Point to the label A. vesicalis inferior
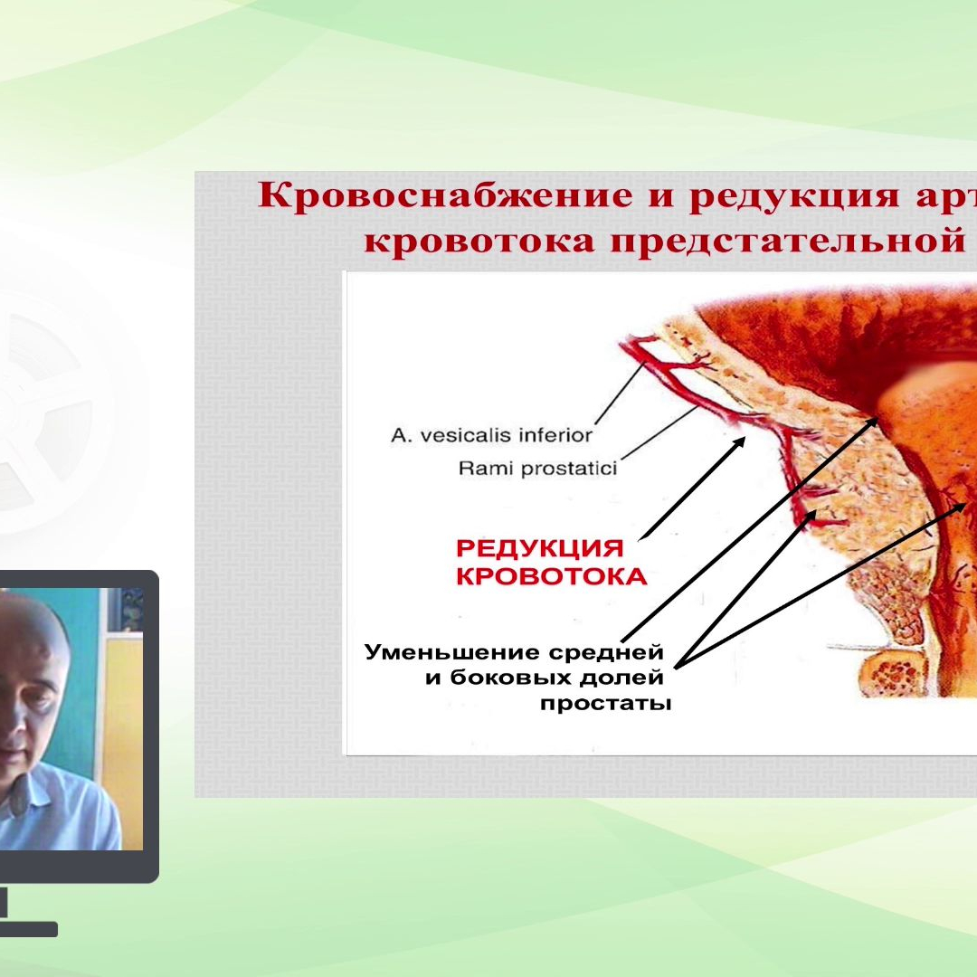(491, 435)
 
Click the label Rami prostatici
(537, 469)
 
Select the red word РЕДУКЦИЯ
(540, 549)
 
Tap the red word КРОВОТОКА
(551, 577)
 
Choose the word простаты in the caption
(605, 703)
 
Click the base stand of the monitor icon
(27, 929)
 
